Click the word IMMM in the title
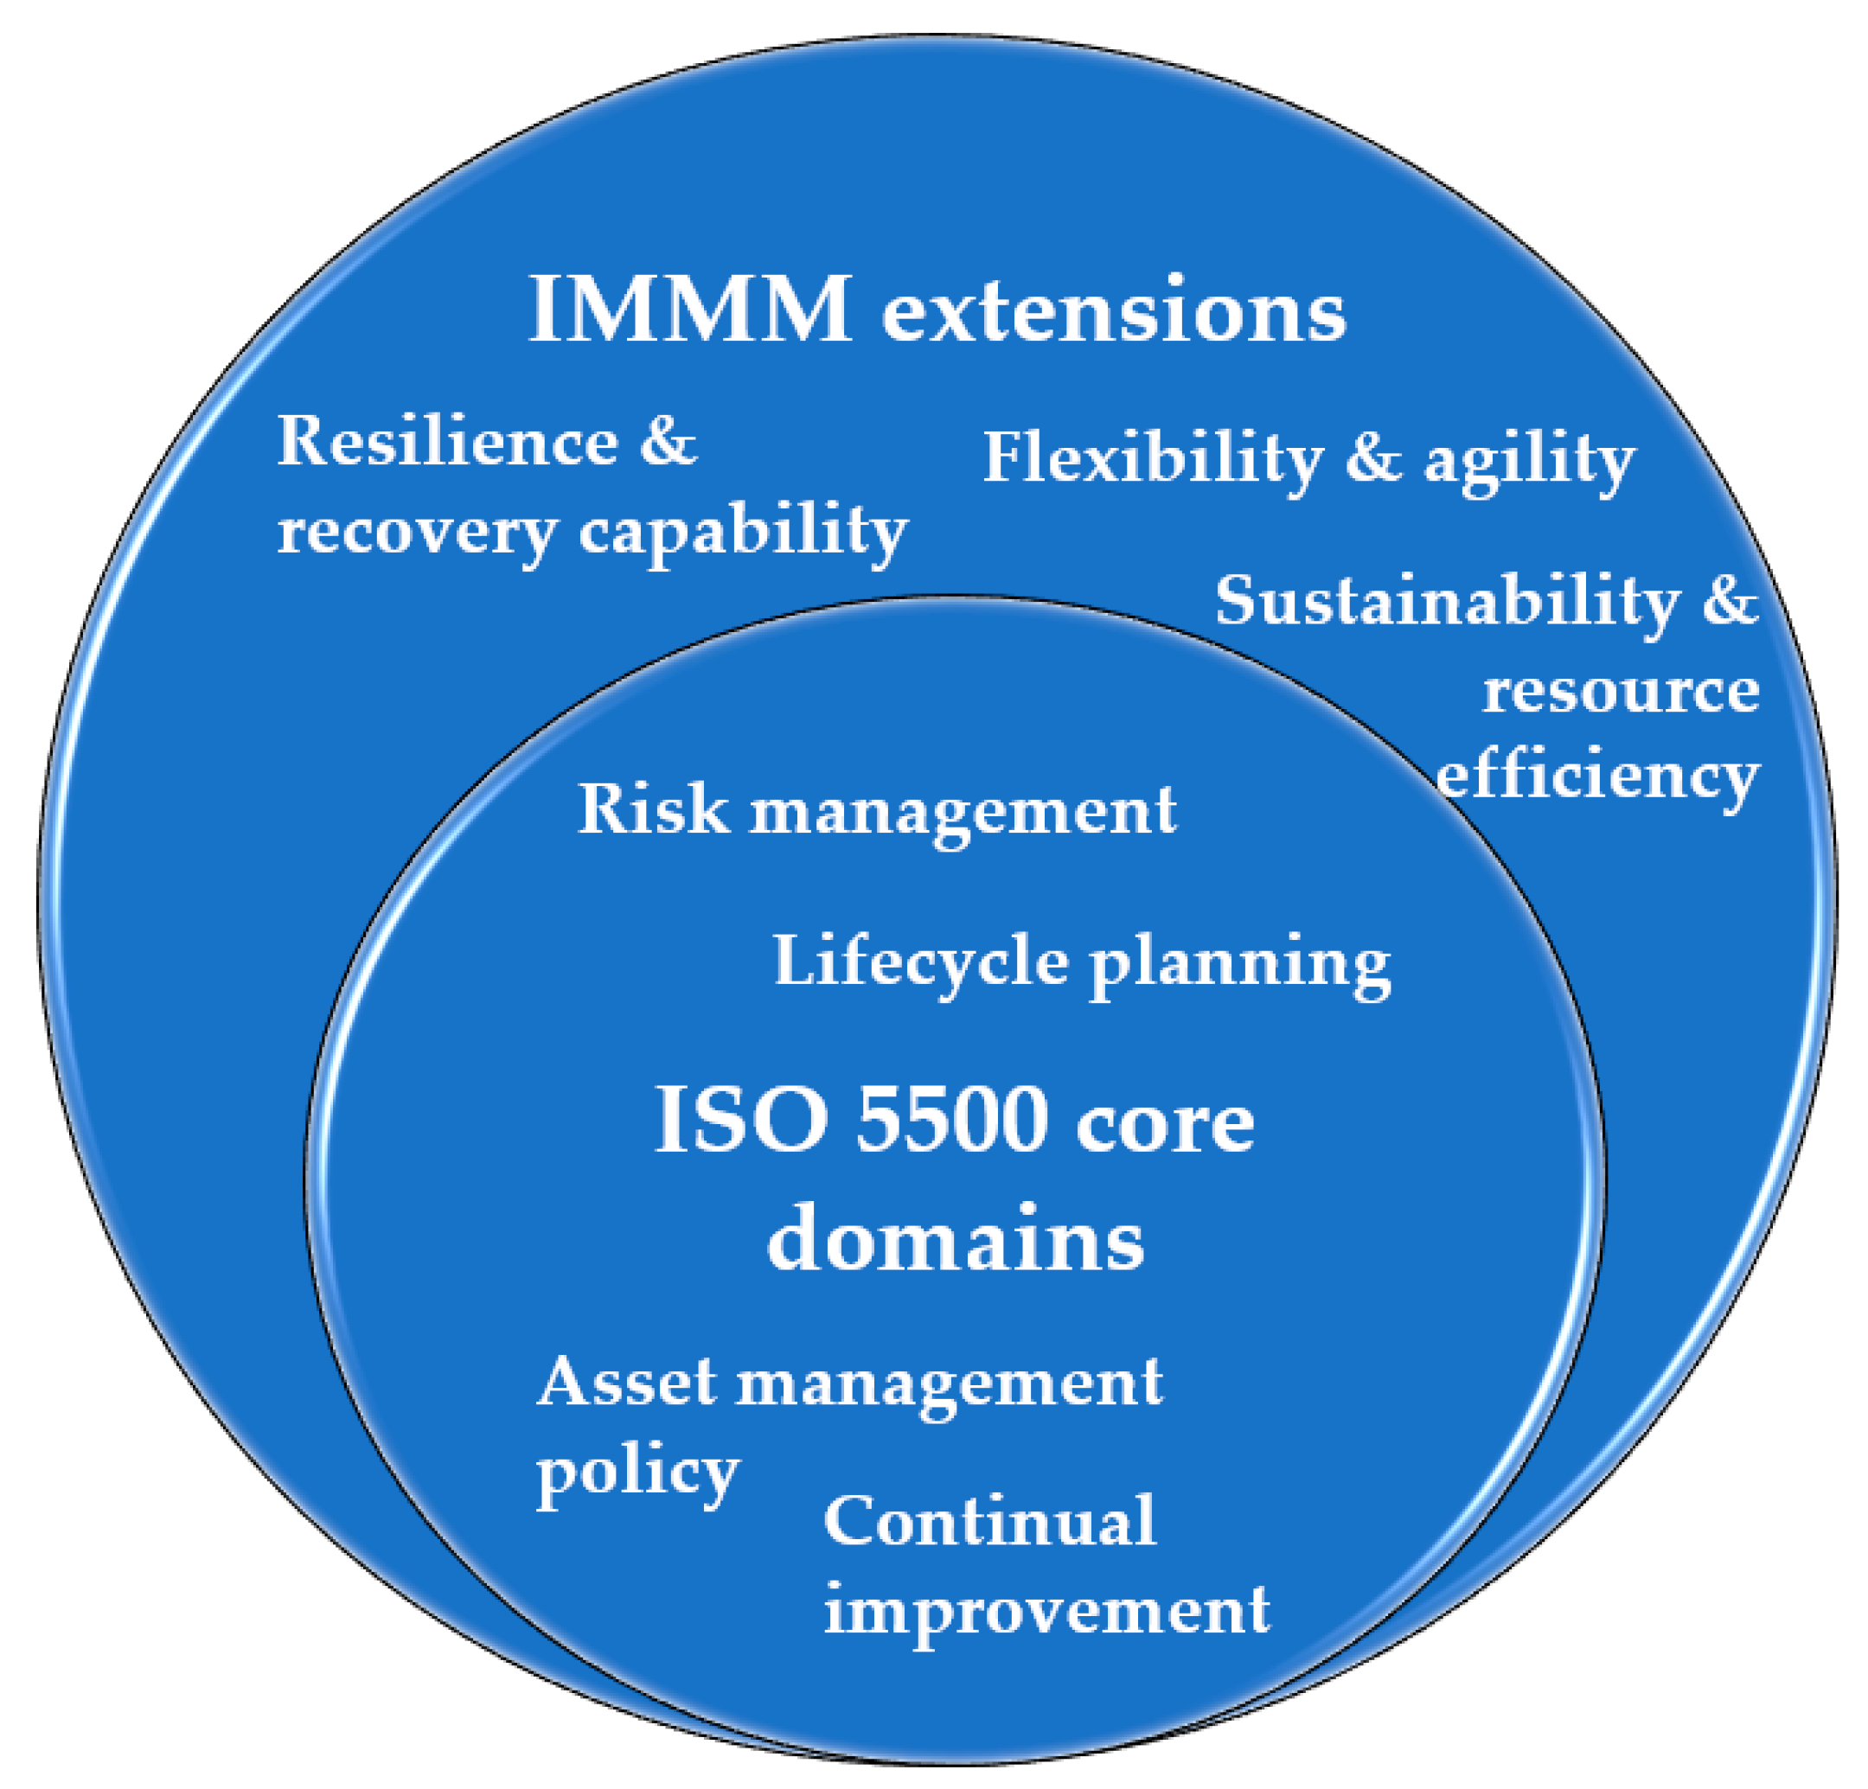click(690, 310)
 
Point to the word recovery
click(417, 532)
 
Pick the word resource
click(1620, 690)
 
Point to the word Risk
click(653, 809)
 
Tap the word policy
click(637, 1473)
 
